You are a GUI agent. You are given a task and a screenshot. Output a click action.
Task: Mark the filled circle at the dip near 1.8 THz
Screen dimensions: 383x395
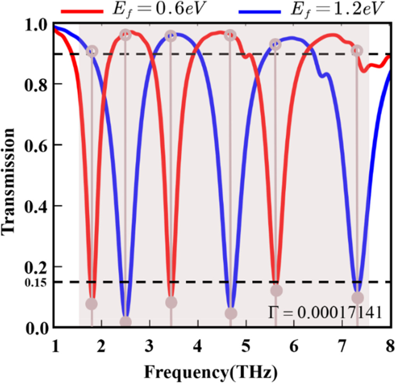pyautogui.click(x=91, y=304)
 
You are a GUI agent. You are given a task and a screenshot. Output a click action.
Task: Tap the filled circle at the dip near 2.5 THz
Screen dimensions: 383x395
pyautogui.click(x=125, y=322)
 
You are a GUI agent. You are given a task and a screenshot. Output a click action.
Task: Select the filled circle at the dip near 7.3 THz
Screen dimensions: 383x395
pyautogui.click(x=357, y=298)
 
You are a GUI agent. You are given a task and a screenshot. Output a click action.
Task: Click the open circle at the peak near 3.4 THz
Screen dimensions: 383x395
pyautogui.click(x=171, y=36)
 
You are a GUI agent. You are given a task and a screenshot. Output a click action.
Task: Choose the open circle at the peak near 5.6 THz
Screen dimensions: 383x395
pyautogui.click(x=275, y=44)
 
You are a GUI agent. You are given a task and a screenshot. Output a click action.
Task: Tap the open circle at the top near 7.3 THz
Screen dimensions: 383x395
pyautogui.click(x=357, y=51)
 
